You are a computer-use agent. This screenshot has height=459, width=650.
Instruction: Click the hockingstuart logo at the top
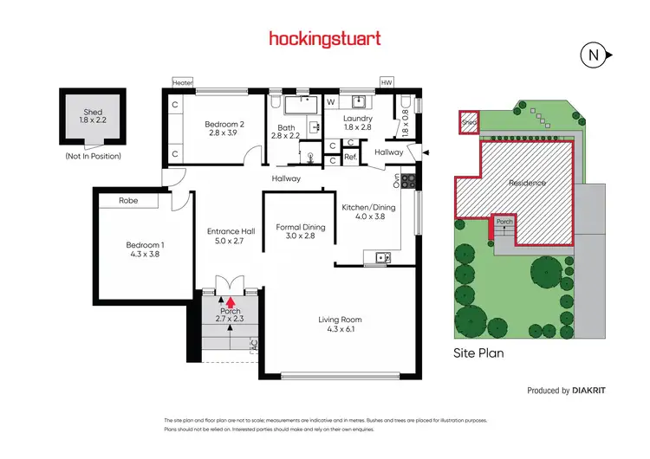pos(325,39)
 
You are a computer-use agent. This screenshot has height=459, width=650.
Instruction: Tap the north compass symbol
pos(593,55)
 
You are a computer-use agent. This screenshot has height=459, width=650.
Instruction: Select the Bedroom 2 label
pos(224,124)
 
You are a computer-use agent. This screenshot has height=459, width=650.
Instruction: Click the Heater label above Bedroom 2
pos(183,82)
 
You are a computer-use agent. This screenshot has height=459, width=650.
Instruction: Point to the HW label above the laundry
pos(386,82)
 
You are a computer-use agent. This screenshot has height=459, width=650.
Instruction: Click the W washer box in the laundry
pos(330,101)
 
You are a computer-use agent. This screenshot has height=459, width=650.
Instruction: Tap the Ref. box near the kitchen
pos(350,158)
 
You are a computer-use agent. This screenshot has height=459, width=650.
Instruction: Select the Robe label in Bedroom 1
pos(127,201)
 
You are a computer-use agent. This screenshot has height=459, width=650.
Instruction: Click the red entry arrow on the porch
pos(231,301)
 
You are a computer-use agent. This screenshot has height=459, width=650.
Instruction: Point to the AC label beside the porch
pos(254,344)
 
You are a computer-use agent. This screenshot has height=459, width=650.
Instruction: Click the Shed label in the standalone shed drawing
pos(93,112)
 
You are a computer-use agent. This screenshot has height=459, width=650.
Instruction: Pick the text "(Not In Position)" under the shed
pos(93,156)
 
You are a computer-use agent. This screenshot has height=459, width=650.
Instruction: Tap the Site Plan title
pos(478,353)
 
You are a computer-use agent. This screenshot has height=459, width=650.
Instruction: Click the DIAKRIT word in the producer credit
pos(589,391)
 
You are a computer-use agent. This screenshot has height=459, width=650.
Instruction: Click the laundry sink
pos(358,101)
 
